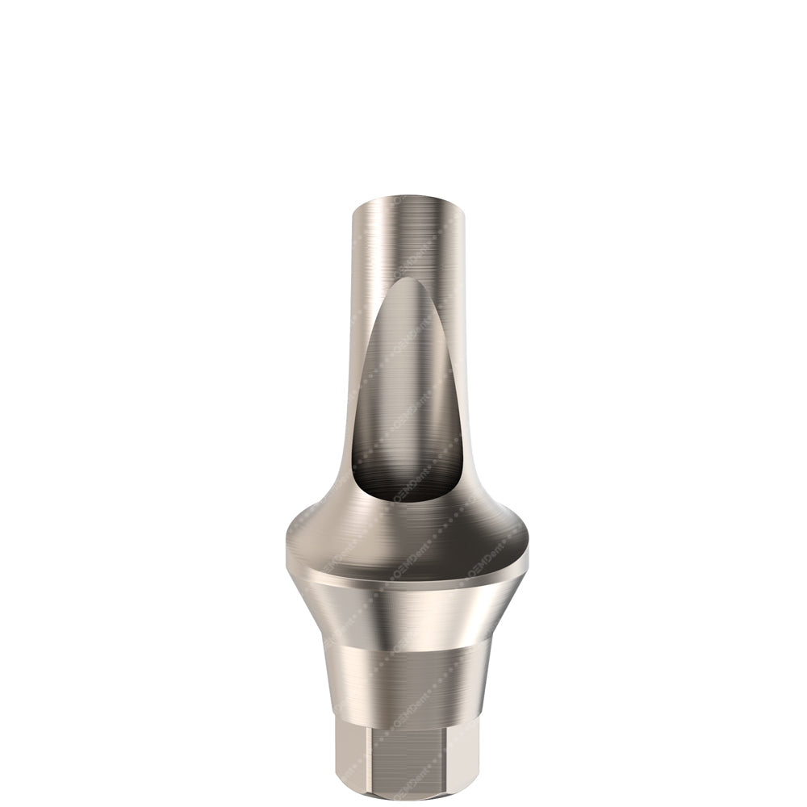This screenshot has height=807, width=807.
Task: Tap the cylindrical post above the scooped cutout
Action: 407,238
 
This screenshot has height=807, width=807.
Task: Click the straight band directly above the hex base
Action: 408,686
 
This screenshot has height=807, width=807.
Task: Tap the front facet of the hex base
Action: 408,767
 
